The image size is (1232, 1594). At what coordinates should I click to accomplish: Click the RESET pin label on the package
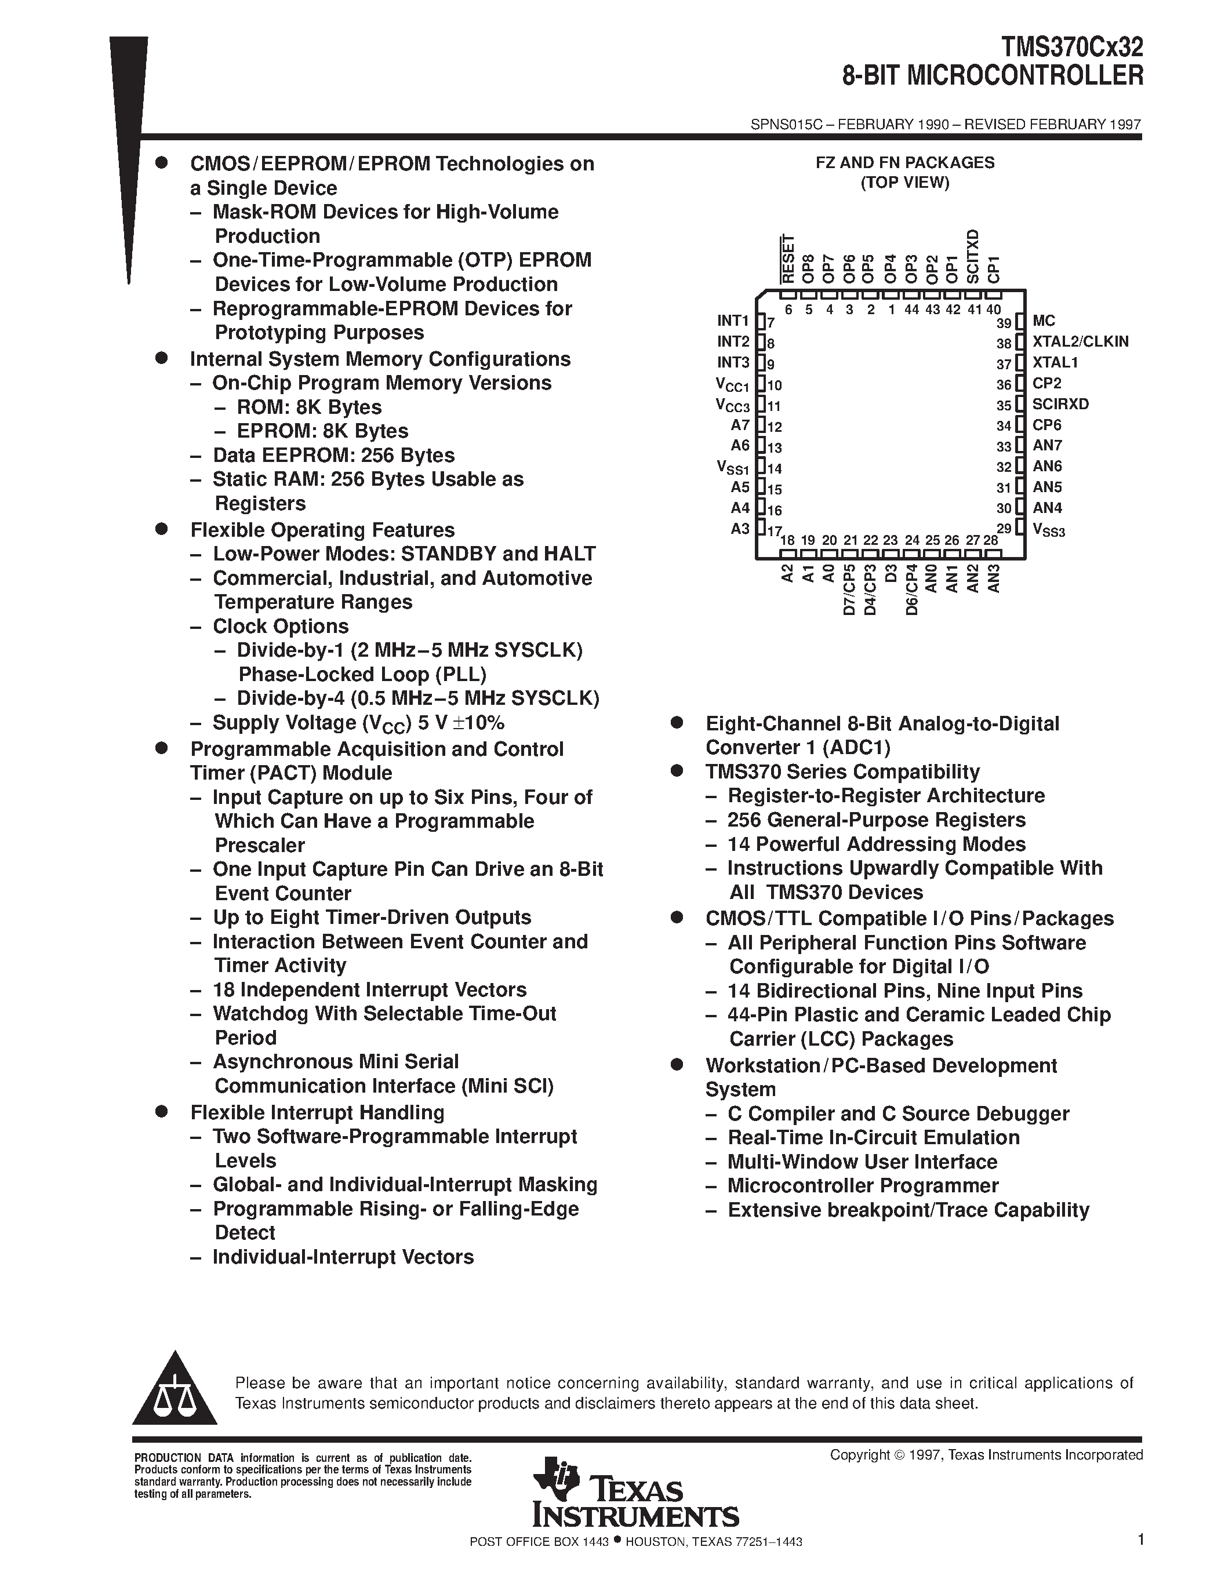(x=787, y=259)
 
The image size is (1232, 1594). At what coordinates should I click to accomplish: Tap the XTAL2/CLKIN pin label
(x=1080, y=341)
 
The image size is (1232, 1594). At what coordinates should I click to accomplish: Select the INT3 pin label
(x=733, y=363)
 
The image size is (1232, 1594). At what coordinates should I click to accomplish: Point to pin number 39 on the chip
(x=1004, y=323)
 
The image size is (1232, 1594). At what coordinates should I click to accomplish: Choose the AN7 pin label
(x=1048, y=445)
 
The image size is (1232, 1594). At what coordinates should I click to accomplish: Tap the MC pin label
(x=1044, y=321)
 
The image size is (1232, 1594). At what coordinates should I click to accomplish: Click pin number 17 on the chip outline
(x=775, y=530)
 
